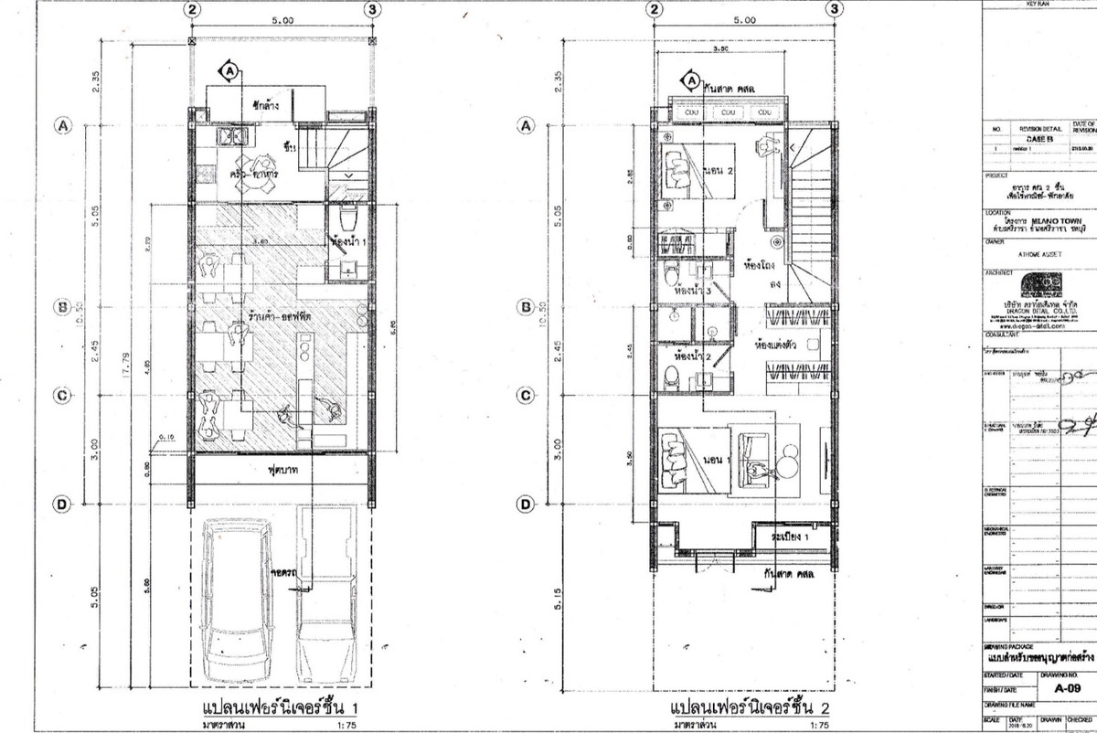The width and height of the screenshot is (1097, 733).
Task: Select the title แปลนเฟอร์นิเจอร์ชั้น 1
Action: tap(274, 708)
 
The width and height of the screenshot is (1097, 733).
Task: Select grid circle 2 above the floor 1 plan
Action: tap(192, 9)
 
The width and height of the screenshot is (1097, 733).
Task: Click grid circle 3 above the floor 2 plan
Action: tap(833, 9)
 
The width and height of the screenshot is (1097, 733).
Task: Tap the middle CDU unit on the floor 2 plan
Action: tap(730, 112)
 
